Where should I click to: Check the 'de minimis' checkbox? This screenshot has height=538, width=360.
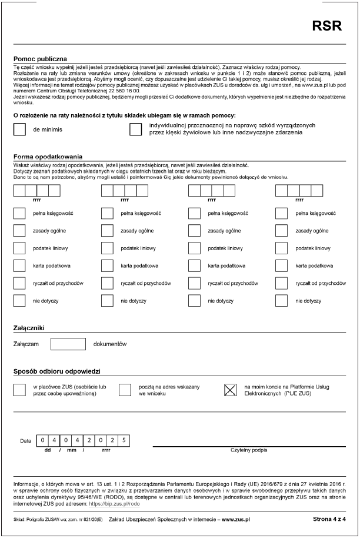(x=19, y=129)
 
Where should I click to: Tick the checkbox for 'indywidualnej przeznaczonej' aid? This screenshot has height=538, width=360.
(x=136, y=129)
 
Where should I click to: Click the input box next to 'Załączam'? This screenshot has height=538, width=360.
(x=68, y=343)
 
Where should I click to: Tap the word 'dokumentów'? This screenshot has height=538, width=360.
(x=110, y=343)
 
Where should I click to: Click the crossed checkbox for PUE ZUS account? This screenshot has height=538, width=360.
(x=231, y=390)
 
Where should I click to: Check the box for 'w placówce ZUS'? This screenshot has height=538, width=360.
(x=19, y=390)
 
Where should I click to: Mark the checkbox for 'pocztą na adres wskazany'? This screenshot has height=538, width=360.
(x=125, y=390)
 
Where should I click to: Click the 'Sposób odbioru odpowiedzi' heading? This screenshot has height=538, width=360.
(x=58, y=372)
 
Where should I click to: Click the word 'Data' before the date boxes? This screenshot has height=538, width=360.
(x=25, y=440)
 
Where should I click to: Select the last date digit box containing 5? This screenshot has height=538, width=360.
(x=123, y=440)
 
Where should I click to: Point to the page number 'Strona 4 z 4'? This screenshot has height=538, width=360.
(x=330, y=520)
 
